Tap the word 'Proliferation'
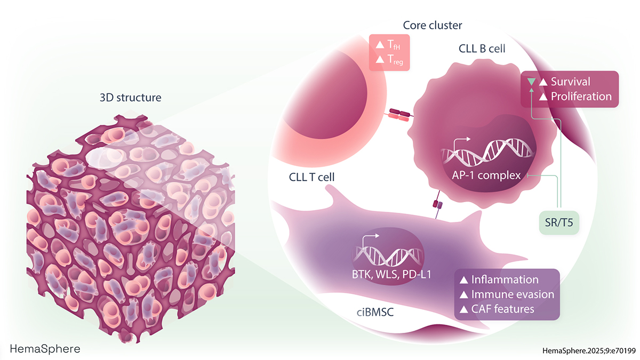(581, 97)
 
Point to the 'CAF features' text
(502, 309)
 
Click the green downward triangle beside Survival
(531, 82)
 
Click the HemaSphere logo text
(45, 349)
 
